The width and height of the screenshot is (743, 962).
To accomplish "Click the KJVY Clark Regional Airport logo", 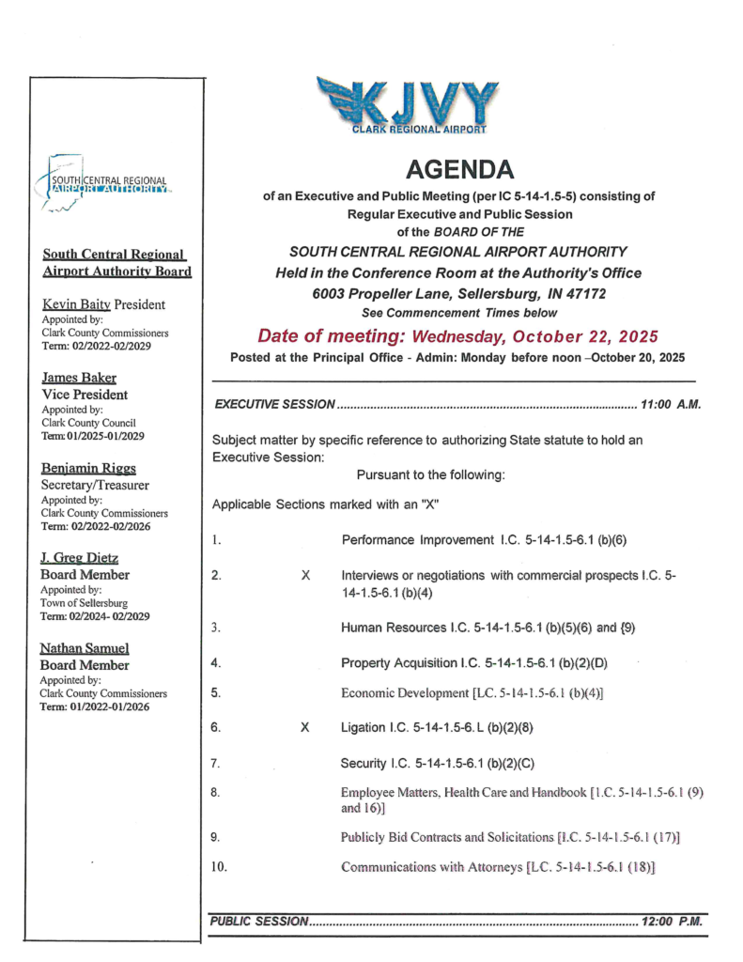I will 408,104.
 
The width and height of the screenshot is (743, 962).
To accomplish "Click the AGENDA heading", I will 460,170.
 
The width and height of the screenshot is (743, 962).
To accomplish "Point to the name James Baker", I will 79,378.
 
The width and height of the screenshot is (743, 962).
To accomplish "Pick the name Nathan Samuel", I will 85,648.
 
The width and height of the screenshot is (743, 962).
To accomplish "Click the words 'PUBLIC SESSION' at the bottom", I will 259,922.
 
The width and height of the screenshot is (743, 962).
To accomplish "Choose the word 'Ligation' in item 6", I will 366,727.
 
